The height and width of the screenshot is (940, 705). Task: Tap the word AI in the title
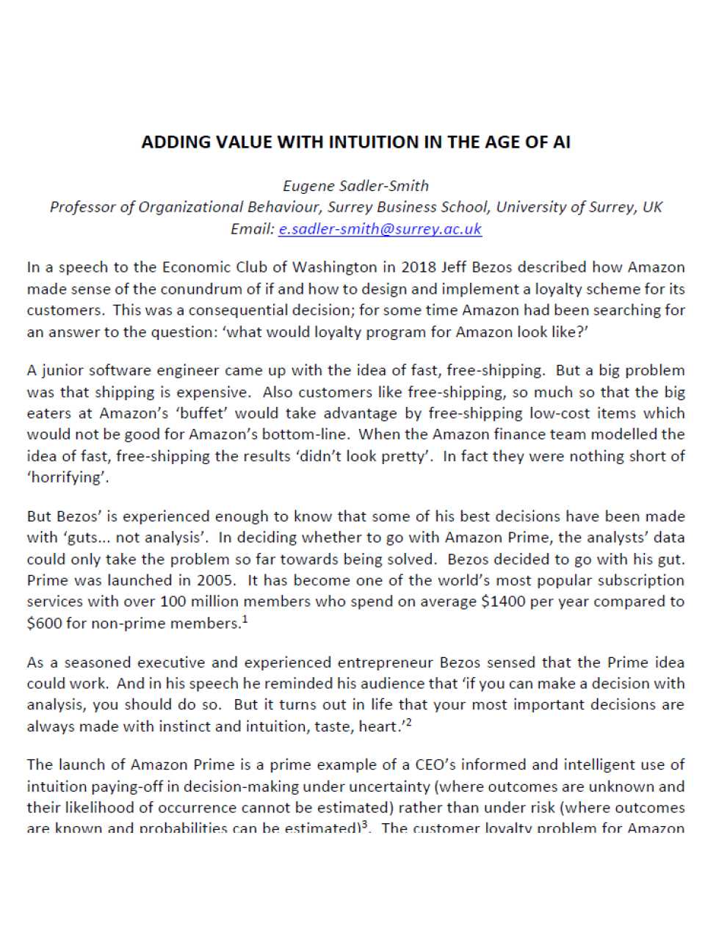[561, 142]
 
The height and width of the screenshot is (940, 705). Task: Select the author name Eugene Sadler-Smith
[356, 186]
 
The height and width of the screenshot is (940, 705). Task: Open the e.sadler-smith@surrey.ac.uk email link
[380, 228]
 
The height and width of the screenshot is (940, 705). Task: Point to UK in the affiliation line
[652, 207]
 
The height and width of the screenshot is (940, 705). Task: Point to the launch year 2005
[215, 580]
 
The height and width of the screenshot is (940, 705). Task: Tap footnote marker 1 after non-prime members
[244, 619]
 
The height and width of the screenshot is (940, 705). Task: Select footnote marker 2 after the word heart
[408, 723]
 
